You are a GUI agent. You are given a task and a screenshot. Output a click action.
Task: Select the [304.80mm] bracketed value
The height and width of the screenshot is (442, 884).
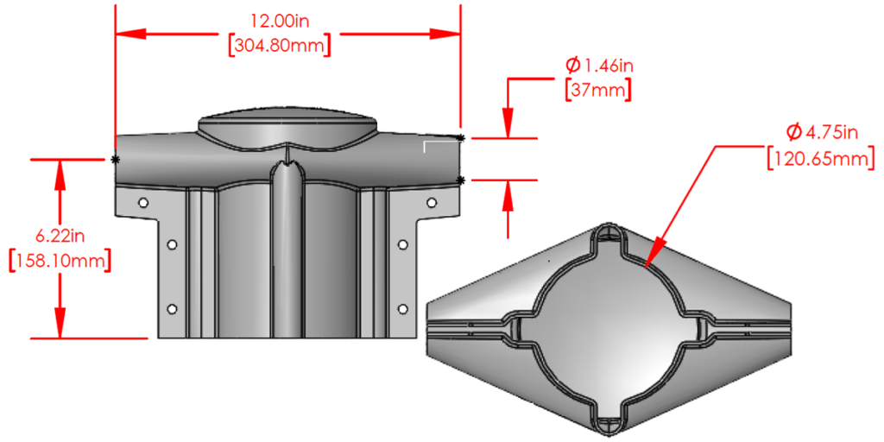pos(279,45)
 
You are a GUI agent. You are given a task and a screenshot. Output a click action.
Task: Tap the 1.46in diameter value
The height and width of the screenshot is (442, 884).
pos(608,66)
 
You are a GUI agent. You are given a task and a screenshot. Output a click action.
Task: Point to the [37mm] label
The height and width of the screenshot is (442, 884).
pos(597,90)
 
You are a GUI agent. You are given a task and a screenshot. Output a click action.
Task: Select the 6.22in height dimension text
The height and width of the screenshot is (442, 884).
pos(59,235)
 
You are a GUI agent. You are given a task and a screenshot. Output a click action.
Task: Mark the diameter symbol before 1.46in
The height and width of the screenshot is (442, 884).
pos(572,65)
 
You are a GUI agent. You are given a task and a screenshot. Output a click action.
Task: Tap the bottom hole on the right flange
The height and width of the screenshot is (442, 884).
pos(401,308)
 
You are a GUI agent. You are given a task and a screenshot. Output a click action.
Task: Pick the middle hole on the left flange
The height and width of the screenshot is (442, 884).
pos(172,244)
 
